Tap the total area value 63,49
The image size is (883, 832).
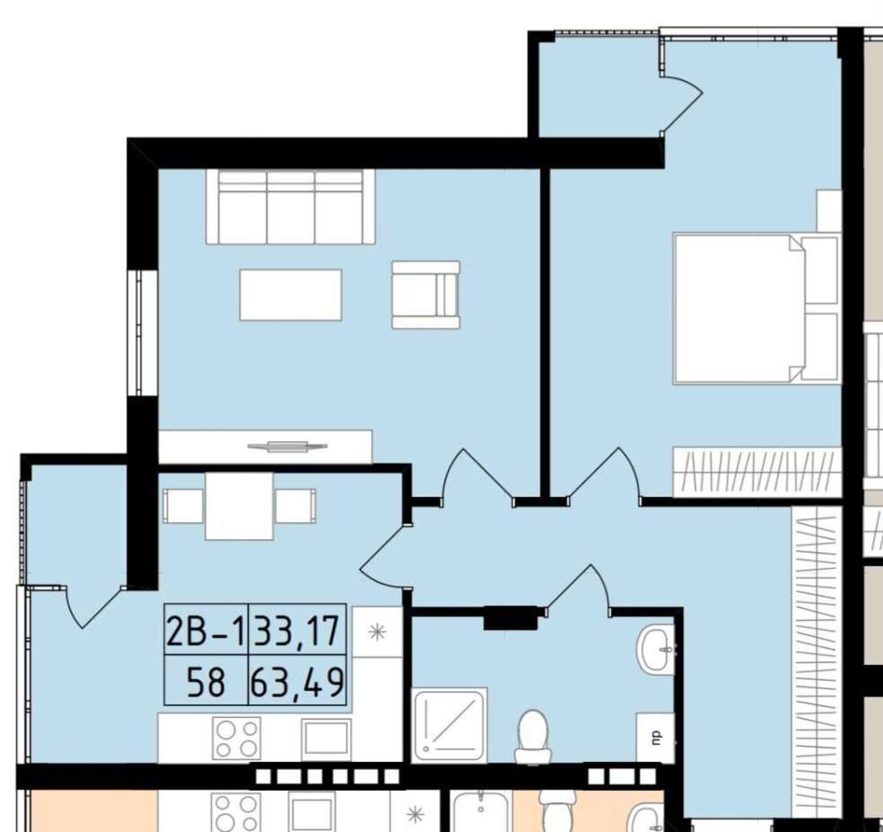click(x=297, y=683)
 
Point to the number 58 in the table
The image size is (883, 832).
click(x=206, y=683)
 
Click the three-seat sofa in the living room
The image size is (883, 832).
click(x=291, y=207)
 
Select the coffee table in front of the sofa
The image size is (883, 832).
click(x=291, y=295)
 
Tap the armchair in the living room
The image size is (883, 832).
click(x=426, y=295)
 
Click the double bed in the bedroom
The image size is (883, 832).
click(x=756, y=308)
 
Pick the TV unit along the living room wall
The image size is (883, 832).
click(x=266, y=447)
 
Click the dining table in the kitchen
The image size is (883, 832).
click(x=239, y=506)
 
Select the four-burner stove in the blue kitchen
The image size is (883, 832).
click(x=236, y=738)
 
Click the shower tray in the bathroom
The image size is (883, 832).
click(x=449, y=725)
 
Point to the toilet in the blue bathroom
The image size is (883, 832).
click(x=533, y=736)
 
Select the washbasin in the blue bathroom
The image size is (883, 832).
click(x=656, y=649)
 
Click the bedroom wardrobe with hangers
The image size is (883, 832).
click(x=757, y=472)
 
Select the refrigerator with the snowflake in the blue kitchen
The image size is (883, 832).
click(x=377, y=632)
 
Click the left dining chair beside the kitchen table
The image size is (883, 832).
click(x=182, y=506)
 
